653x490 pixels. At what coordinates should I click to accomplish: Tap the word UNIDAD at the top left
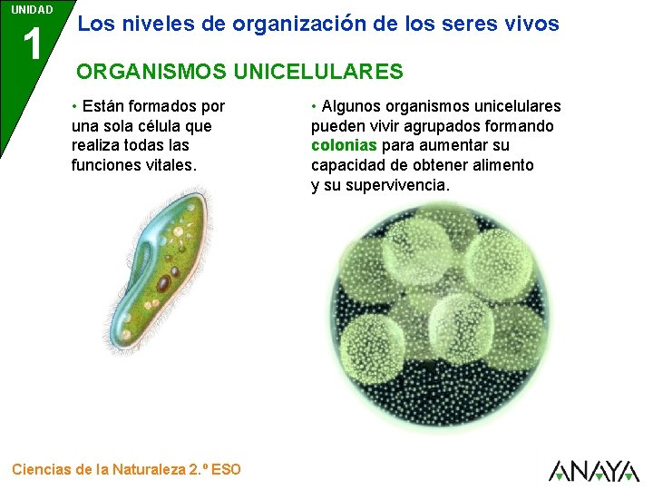[32, 10]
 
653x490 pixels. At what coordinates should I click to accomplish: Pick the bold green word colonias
[344, 145]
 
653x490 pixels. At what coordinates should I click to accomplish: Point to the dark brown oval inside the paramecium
[163, 284]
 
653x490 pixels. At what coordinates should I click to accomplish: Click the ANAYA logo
[593, 470]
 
